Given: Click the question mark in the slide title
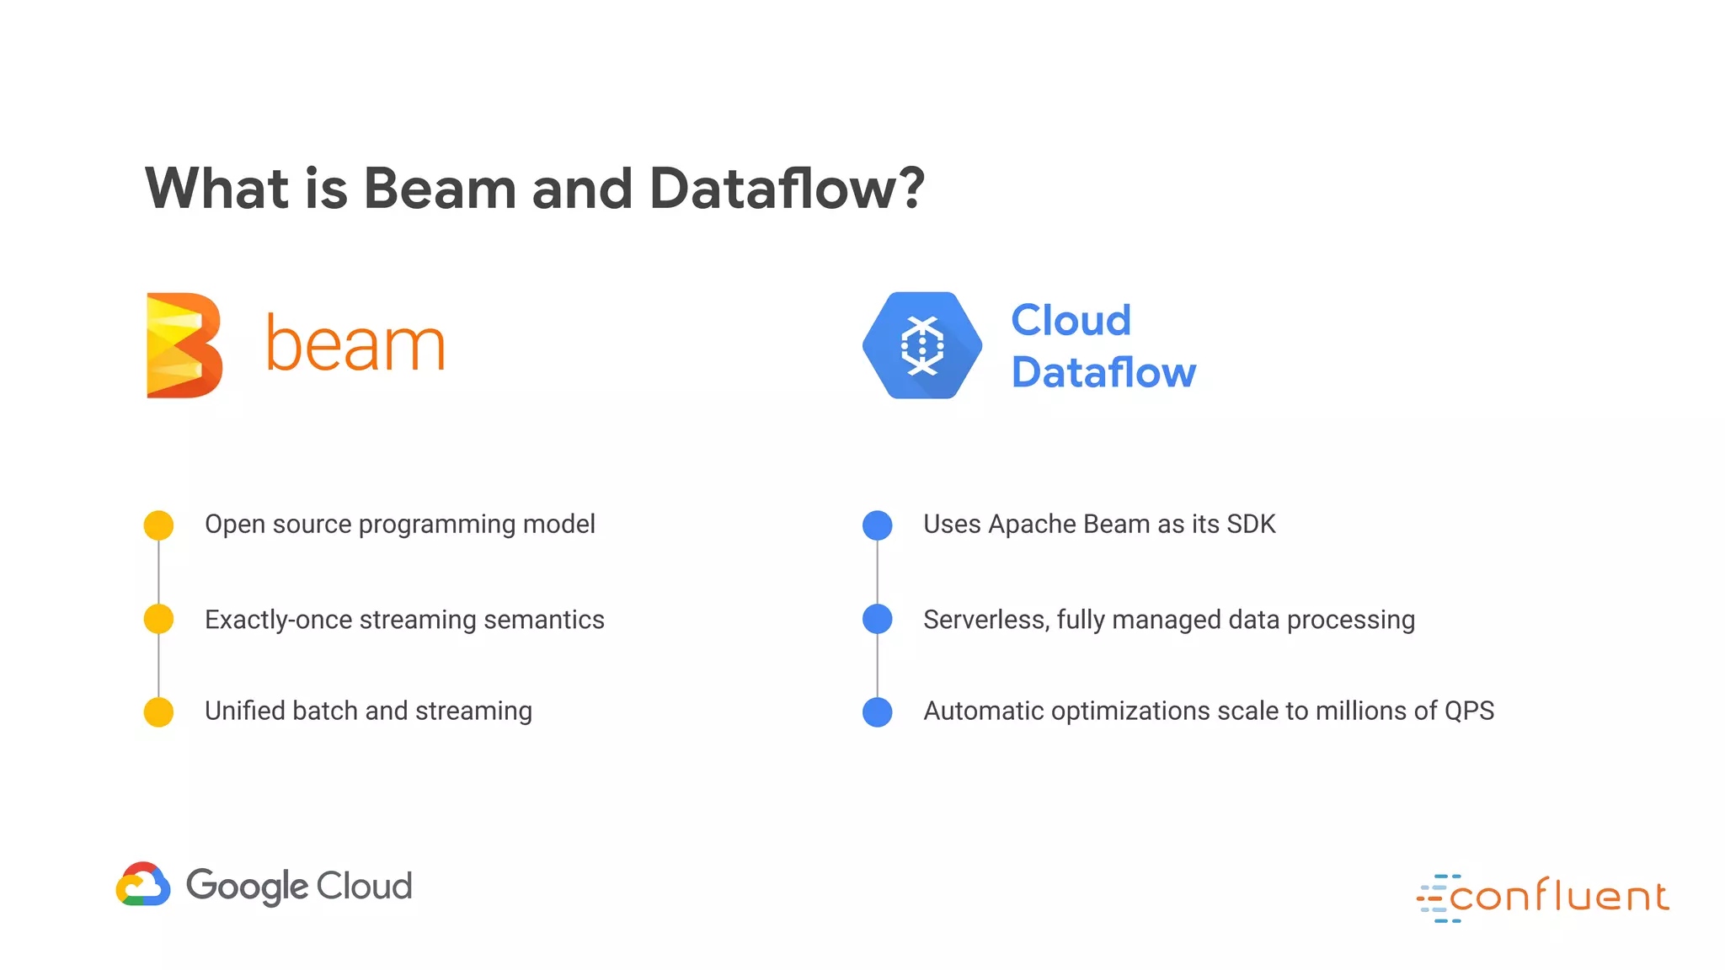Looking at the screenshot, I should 910,187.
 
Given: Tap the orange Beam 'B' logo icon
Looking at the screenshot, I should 184,345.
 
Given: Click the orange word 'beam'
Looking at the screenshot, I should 355,344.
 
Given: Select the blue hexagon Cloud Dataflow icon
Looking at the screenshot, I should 922,345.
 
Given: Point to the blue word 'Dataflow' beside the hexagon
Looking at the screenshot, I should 1103,372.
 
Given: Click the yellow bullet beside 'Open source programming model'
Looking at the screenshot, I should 158,525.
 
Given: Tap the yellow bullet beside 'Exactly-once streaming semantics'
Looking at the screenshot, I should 158,619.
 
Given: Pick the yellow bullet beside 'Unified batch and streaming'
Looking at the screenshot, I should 158,712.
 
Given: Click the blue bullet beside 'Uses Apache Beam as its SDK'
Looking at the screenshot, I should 878,525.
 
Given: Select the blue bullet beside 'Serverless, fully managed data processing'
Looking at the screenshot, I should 878,619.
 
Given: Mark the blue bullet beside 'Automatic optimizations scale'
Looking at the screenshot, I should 878,712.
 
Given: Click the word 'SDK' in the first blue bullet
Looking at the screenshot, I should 1251,524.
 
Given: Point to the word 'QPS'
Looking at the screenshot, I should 1469,711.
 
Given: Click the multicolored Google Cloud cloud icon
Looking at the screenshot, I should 143,884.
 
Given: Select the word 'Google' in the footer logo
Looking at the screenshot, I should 248,886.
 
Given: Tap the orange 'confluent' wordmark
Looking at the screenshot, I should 1558,896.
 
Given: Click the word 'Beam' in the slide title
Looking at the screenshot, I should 440,187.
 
